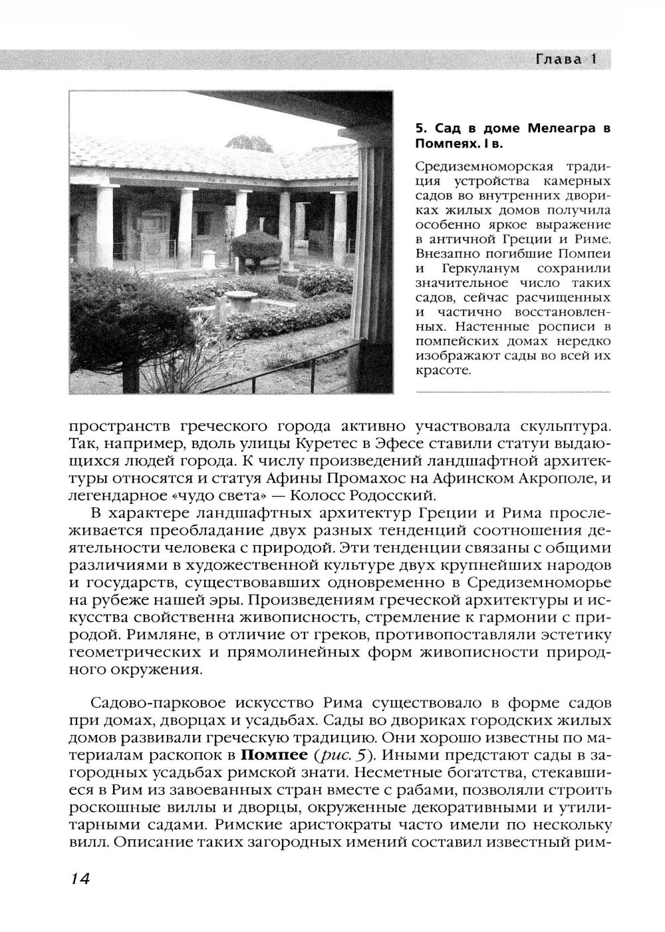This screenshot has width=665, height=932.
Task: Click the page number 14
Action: click(78, 878)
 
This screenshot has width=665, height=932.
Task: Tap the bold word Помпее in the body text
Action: click(273, 756)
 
